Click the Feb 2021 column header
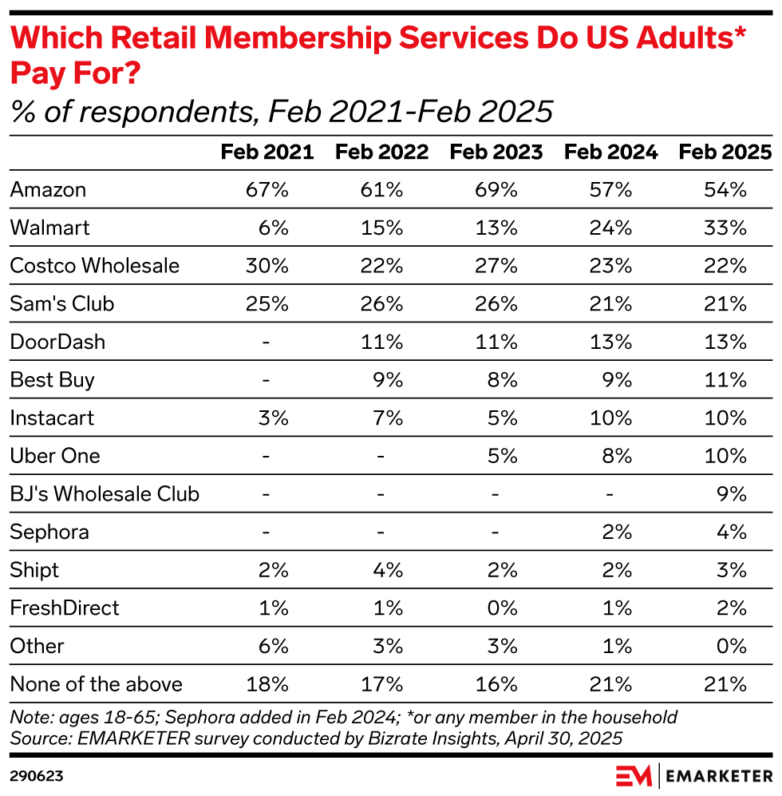[267, 152]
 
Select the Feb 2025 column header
[725, 152]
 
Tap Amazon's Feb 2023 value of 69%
[496, 190]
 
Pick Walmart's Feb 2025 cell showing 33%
[725, 228]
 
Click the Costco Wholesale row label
[95, 266]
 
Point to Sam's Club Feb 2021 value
[267, 303]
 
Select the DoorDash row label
[57, 342]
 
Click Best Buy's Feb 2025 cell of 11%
[725, 379]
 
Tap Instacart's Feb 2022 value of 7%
[387, 418]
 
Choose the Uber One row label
[55, 456]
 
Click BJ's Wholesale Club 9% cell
[732, 493]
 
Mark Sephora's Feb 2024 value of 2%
[618, 532]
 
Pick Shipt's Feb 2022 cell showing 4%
[387, 570]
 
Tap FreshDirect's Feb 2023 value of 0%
[502, 608]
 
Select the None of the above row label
[97, 684]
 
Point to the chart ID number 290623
[37, 775]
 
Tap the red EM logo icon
[632, 775]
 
